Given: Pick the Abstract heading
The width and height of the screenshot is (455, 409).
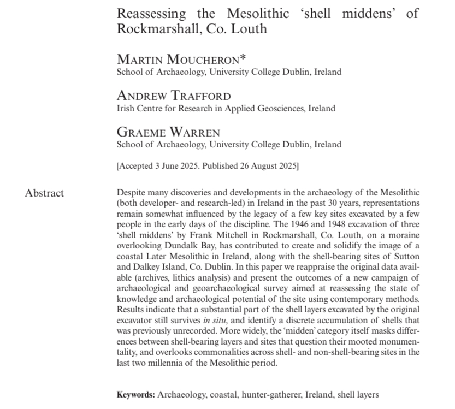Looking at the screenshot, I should point(44,193).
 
